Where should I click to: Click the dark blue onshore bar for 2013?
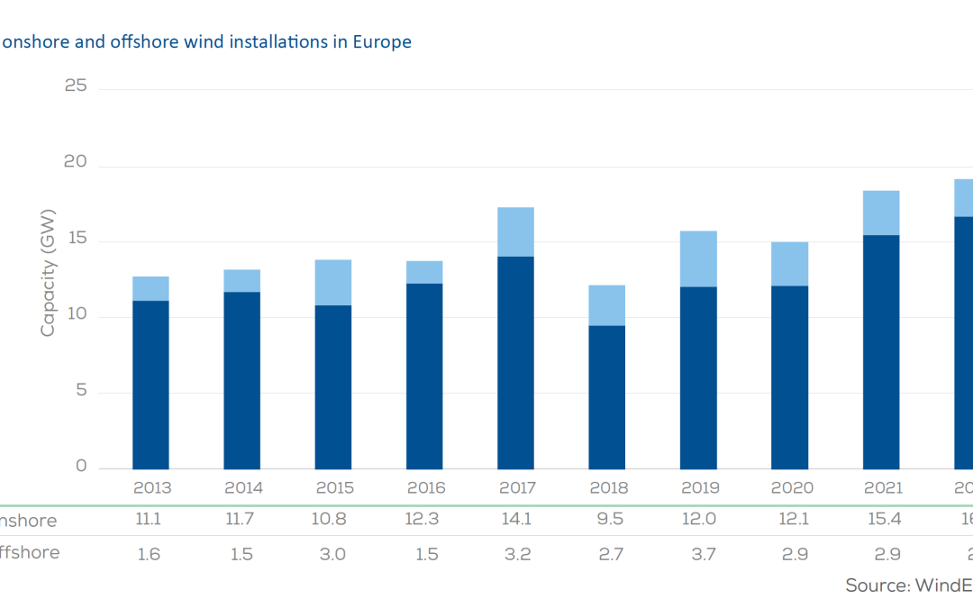coord(150,385)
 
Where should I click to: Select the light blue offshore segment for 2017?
coord(515,231)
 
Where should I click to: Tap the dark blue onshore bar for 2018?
coord(606,397)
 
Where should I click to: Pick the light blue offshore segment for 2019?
coord(698,259)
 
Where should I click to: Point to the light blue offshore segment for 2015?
coord(332,282)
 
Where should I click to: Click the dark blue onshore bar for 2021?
coord(880,351)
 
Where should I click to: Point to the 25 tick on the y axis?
coord(76,86)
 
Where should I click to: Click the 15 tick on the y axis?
coord(76,240)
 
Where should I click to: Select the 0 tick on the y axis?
coord(81,467)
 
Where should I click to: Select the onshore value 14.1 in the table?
coord(516,521)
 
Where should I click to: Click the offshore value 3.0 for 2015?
coord(332,553)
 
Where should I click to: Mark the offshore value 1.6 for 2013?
coord(150,553)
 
